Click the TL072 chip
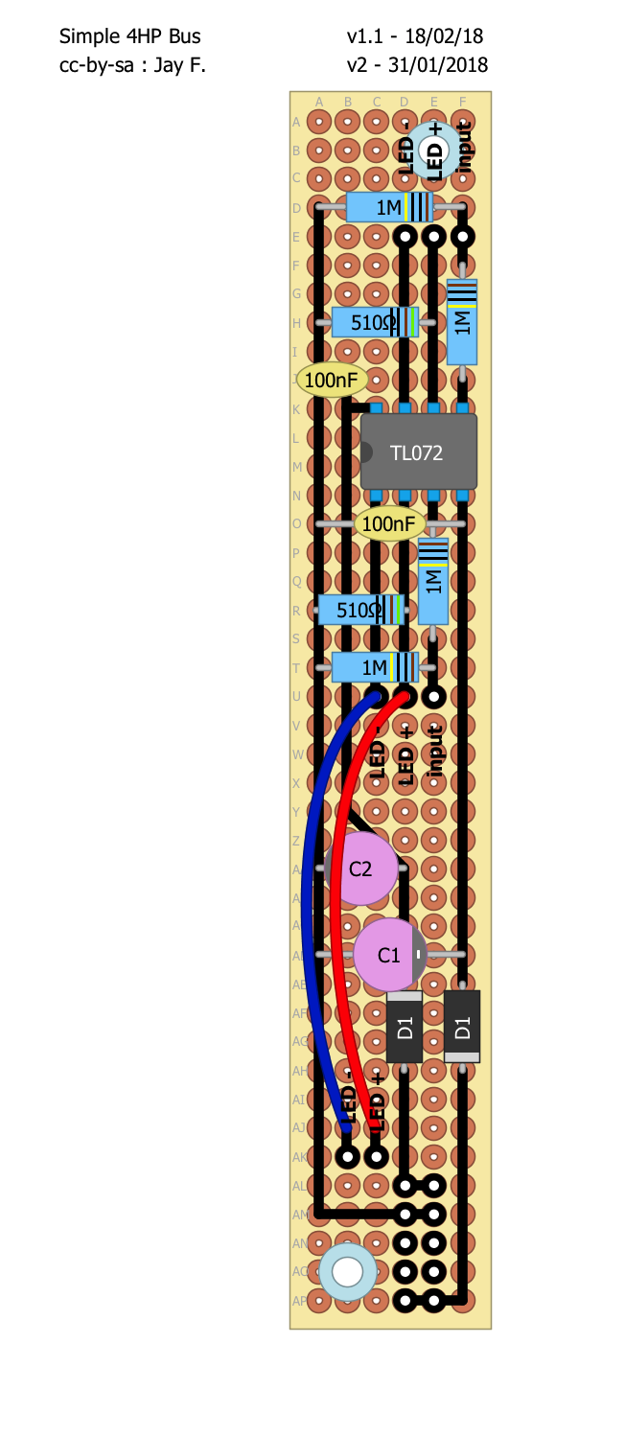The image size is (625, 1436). [x=418, y=452]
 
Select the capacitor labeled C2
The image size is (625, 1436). [x=361, y=869]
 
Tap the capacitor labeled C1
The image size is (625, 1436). [x=389, y=954]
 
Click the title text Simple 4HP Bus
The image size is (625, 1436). [x=130, y=36]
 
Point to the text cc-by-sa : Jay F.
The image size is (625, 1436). [x=133, y=65]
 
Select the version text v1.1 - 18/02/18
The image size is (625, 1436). [x=415, y=36]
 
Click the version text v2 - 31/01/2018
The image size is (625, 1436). [x=418, y=65]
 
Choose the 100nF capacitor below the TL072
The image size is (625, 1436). [x=390, y=523]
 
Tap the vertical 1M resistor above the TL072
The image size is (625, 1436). [x=462, y=322]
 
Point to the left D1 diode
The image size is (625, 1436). [x=405, y=1029]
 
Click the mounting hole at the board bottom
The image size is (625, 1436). [x=347, y=1272]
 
